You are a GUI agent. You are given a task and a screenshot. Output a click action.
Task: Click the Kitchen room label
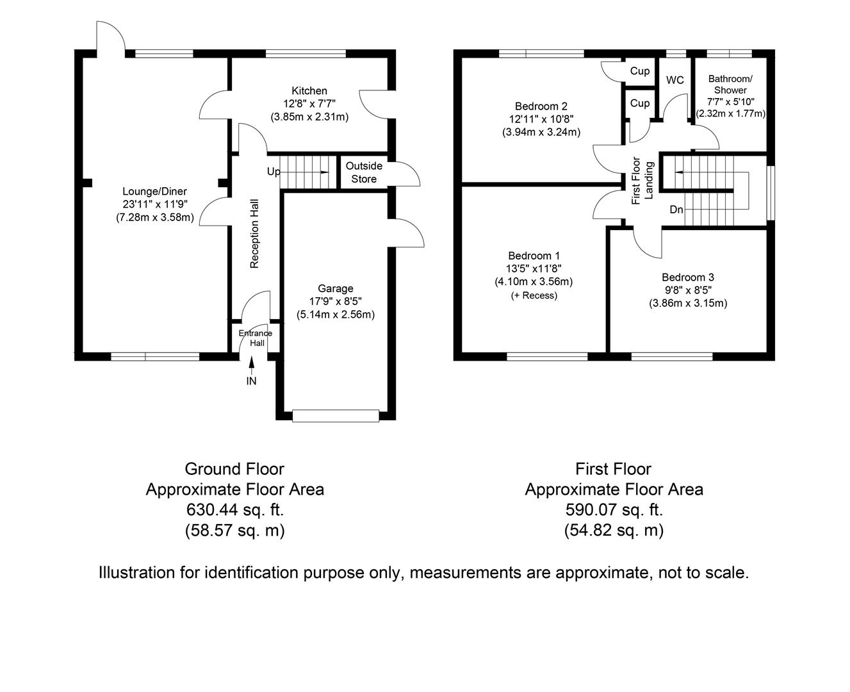point(309,91)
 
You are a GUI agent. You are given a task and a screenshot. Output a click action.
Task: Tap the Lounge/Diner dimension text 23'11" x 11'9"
point(154,204)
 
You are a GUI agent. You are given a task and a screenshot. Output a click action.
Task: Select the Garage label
point(335,288)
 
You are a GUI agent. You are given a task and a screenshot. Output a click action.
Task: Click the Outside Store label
point(364,172)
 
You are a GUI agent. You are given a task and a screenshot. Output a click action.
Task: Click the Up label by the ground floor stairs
point(274,172)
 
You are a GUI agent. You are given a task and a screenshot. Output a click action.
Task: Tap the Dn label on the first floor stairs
point(676,210)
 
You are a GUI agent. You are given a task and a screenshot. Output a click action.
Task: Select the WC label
point(675,80)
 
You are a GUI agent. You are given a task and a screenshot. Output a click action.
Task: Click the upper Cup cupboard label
point(639,71)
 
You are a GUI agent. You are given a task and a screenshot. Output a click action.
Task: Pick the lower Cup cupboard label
point(639,103)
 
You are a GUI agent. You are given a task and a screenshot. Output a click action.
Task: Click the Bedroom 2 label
point(541,106)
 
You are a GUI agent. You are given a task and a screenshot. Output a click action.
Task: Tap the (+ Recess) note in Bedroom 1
point(534,295)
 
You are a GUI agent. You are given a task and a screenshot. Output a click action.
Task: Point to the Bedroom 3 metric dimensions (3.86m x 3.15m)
point(688,303)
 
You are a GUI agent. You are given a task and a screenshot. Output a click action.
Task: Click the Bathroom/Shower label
point(730,85)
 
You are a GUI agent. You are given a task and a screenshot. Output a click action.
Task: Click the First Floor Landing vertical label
point(642,181)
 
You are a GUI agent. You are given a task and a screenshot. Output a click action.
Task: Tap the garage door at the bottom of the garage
point(335,416)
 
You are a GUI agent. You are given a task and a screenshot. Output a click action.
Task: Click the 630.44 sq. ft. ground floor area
point(234,510)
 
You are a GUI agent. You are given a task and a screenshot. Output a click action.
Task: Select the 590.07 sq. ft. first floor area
point(614,510)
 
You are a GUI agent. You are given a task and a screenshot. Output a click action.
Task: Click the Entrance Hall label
point(256,338)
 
